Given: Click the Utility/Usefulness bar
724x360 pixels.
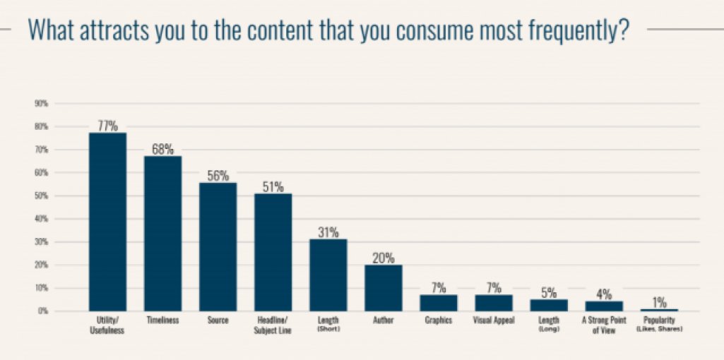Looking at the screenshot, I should (107, 222).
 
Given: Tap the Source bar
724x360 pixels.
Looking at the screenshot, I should (218, 246).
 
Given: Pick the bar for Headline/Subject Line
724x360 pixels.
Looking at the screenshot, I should (273, 252).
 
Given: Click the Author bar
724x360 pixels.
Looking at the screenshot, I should (383, 288).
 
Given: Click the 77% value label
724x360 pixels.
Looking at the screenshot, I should (107, 126).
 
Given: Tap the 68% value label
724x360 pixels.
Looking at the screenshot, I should (162, 149).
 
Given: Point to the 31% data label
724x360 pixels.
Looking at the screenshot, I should (328, 232).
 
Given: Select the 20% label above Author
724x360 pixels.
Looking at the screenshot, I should (383, 258).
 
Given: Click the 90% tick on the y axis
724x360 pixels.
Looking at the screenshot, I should (40, 104).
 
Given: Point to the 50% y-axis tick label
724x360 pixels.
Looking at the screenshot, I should (40, 196).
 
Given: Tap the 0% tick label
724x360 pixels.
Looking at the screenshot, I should (42, 311).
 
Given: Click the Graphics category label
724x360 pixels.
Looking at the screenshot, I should (438, 321).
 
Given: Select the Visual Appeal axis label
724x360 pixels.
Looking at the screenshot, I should (493, 321).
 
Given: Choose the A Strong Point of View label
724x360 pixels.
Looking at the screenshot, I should (604, 325).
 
